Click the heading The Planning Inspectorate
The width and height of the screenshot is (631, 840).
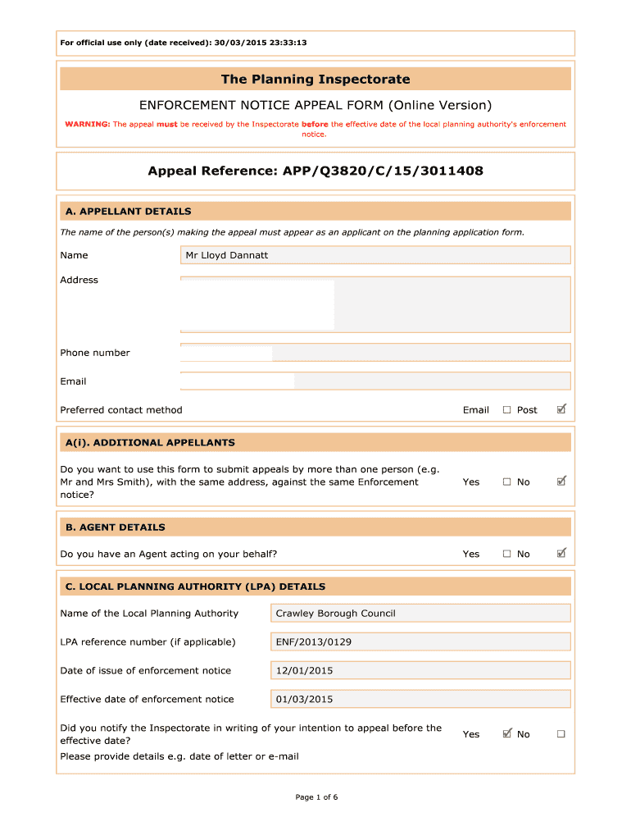point(315,80)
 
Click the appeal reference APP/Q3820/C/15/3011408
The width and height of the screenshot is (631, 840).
point(315,171)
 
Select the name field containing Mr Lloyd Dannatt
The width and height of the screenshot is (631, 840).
point(375,255)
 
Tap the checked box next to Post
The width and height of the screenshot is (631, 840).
point(561,409)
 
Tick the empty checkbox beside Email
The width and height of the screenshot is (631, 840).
point(506,410)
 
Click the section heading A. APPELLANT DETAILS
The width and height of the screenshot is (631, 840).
point(128,212)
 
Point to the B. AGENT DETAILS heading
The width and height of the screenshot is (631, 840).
point(115,527)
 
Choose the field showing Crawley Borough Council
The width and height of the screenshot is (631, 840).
point(420,614)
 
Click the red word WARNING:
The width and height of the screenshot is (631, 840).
point(88,125)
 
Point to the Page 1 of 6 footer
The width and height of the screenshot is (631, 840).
point(315,797)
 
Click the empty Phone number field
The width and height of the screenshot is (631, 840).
point(375,353)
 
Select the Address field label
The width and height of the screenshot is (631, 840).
point(79,281)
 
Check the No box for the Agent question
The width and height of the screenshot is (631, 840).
point(561,554)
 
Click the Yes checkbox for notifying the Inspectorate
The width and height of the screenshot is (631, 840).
point(506,733)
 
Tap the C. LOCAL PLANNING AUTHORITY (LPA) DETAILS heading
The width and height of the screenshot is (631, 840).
point(195,587)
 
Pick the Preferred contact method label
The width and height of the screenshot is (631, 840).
point(121,410)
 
